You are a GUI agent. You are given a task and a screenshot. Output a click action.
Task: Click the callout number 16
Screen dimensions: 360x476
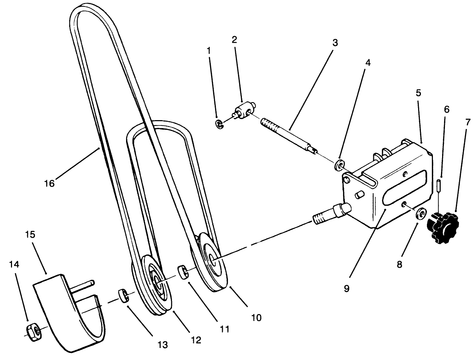pyautogui.click(x=49, y=184)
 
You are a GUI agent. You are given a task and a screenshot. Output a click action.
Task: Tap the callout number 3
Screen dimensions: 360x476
pyautogui.click(x=335, y=43)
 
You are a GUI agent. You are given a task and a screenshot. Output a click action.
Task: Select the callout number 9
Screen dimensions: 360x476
pyautogui.click(x=346, y=289)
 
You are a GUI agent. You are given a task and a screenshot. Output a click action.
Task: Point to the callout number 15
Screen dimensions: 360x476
pyautogui.click(x=31, y=235)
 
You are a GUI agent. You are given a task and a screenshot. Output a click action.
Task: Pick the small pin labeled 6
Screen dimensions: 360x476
pyautogui.click(x=439, y=185)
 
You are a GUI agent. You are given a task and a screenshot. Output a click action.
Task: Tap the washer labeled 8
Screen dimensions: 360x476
pyautogui.click(x=420, y=214)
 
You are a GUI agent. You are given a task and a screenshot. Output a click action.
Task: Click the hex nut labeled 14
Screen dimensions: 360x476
pyautogui.click(x=32, y=331)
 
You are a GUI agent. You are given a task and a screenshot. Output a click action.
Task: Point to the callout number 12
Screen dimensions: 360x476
pyautogui.click(x=196, y=340)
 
